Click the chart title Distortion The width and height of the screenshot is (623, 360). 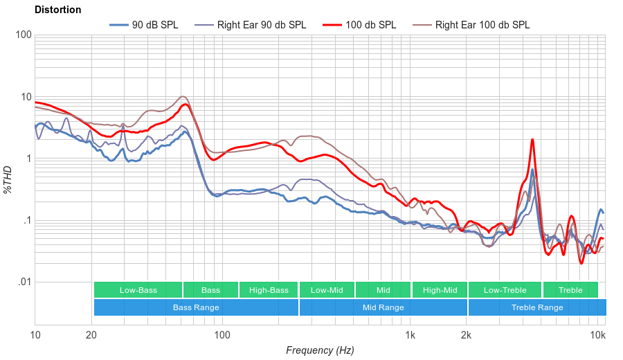(57, 10)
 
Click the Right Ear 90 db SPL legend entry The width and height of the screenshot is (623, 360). (261, 25)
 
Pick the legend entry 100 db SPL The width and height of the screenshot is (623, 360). (370, 25)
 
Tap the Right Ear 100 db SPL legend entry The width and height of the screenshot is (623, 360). (482, 25)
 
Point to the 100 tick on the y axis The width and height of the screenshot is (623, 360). (23, 35)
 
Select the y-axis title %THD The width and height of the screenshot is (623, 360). (8, 180)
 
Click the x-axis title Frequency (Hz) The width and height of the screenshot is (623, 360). (320, 350)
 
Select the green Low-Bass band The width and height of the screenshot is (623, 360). (138, 290)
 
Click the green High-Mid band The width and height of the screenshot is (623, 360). (440, 290)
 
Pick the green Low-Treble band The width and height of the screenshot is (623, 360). (505, 290)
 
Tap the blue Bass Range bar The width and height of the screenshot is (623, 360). (196, 307)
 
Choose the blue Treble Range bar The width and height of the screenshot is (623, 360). (536, 307)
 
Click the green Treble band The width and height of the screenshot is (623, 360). (570, 290)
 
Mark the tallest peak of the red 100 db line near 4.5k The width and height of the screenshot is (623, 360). (532, 139)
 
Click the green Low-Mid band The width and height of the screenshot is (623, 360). (327, 290)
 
